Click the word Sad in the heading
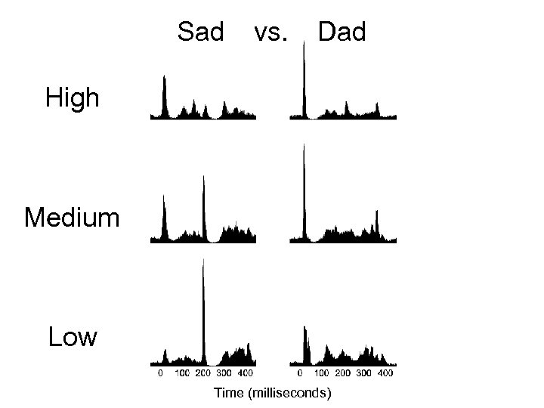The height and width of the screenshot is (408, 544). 201,32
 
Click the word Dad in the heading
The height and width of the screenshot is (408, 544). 342,32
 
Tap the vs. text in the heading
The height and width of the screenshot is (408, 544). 271,32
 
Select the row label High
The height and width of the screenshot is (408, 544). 73,97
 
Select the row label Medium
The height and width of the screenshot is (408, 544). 72,218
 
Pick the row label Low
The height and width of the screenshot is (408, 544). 73,337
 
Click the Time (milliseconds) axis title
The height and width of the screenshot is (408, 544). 273,392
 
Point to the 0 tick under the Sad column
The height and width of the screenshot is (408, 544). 160,373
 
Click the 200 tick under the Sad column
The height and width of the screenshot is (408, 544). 203,373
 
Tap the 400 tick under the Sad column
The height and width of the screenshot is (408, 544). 246,373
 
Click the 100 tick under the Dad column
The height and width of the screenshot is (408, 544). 321,373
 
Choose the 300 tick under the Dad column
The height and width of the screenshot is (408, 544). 363,373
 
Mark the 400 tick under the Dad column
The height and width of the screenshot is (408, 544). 385,373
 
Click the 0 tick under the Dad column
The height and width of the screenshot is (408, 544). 300,373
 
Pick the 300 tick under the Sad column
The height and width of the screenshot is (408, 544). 224,373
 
